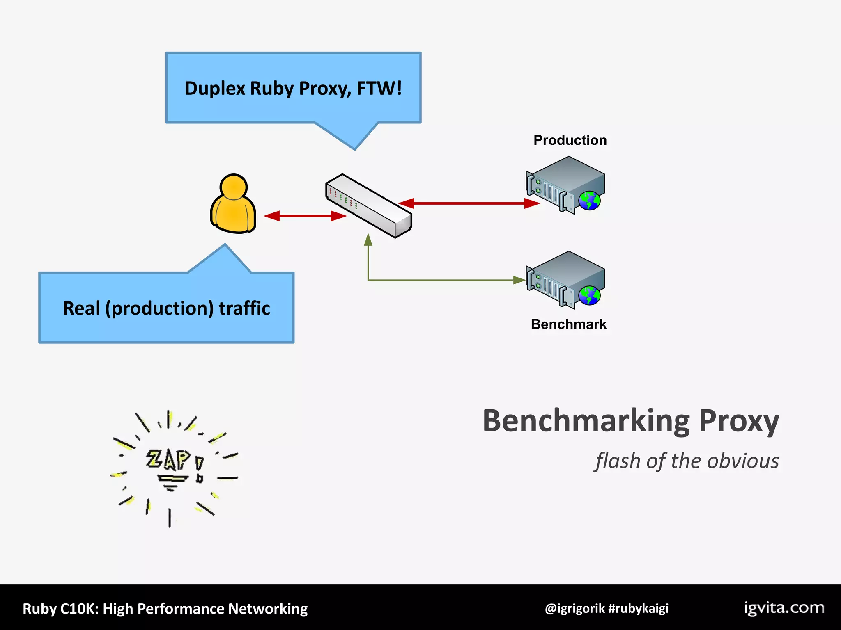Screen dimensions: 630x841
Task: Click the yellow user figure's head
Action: pyautogui.click(x=233, y=187)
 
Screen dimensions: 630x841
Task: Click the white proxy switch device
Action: pyautogui.click(x=368, y=205)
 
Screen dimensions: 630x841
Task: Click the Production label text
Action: pyautogui.click(x=570, y=140)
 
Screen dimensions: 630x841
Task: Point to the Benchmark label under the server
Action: pyautogui.click(x=568, y=324)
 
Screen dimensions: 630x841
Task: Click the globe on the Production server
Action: pyautogui.click(x=589, y=201)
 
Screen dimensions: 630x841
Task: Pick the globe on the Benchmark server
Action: pyautogui.click(x=589, y=295)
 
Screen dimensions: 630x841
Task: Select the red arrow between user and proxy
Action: pyautogui.click(x=305, y=216)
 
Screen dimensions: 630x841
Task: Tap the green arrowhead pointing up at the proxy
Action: pyautogui.click(x=368, y=240)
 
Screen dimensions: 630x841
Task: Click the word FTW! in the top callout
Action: pyautogui.click(x=379, y=88)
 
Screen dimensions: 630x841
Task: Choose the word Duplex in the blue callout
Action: pyautogui.click(x=215, y=88)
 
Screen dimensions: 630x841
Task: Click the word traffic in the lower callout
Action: pyautogui.click(x=244, y=308)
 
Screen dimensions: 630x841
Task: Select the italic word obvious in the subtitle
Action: pyautogui.click(x=743, y=461)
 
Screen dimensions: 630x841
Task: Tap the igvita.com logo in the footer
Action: pyautogui.click(x=784, y=608)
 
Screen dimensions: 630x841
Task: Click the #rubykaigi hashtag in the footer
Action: pyautogui.click(x=638, y=608)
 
